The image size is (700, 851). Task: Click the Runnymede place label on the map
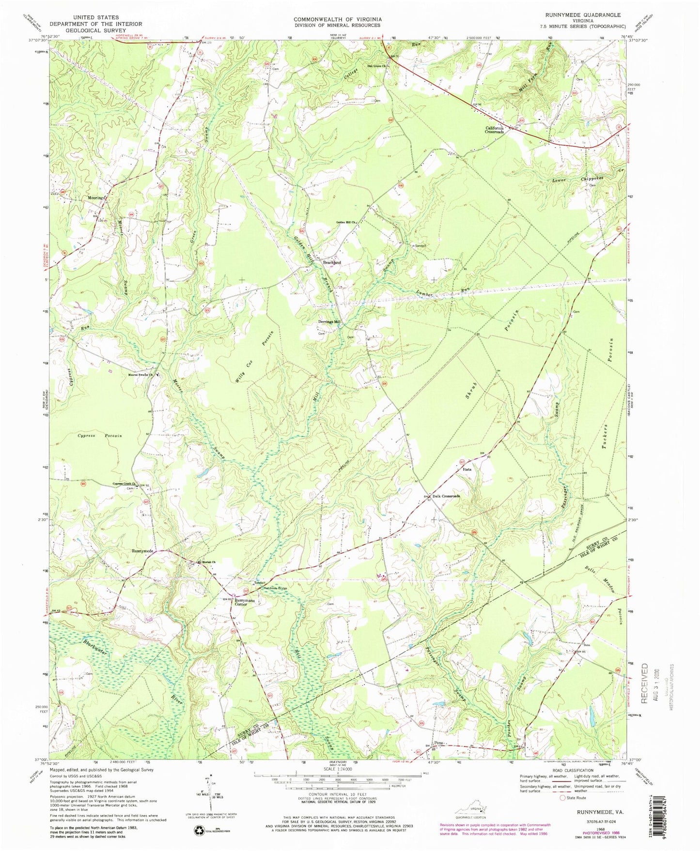click(143, 551)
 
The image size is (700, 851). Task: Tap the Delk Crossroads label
click(445, 496)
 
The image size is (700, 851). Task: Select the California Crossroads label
click(495, 130)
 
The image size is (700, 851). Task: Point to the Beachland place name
click(332, 263)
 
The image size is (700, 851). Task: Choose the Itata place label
click(467, 469)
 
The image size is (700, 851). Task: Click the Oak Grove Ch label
click(376, 66)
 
